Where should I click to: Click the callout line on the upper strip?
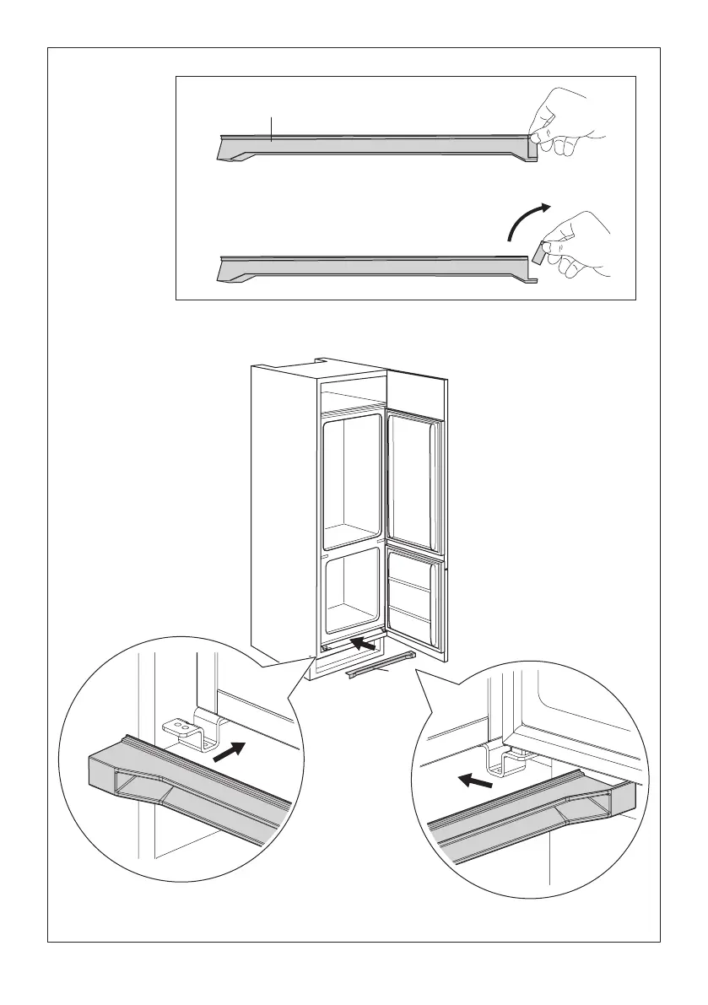(271, 128)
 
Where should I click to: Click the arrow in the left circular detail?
(230, 750)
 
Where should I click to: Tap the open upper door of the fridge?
(414, 477)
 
